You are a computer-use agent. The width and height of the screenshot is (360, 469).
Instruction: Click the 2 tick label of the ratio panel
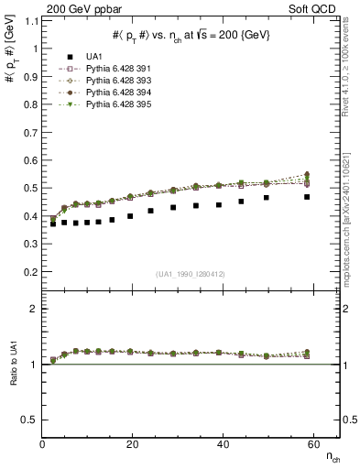pos(35,309)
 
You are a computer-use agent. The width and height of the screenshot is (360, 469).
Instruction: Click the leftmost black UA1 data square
pos(53,224)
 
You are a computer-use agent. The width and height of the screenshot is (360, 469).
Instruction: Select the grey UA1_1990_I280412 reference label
pos(191,274)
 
